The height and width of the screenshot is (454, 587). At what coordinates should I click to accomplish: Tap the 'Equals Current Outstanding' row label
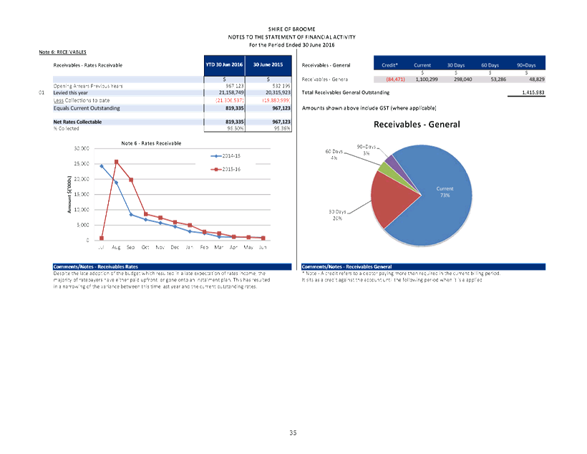(87, 108)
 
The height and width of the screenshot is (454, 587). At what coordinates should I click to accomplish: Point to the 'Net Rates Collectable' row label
(77, 122)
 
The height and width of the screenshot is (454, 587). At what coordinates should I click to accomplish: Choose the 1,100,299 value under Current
(432, 79)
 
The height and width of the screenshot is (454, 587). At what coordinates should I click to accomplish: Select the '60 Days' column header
(490, 65)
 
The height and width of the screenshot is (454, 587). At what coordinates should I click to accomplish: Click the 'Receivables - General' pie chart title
(417, 125)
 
